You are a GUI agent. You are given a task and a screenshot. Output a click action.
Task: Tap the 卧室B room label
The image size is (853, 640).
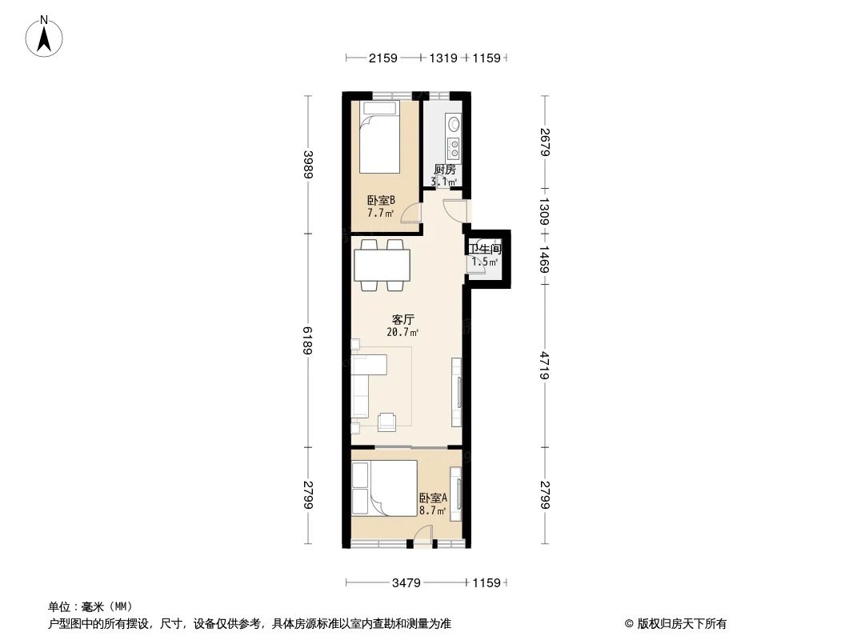381,201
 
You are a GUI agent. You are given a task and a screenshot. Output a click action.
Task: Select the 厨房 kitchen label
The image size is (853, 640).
444,170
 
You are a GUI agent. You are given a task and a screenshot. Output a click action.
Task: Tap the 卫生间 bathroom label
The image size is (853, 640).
484,250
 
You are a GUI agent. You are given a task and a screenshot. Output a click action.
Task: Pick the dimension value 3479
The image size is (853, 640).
406,583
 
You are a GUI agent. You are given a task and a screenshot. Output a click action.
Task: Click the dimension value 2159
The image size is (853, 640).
383,58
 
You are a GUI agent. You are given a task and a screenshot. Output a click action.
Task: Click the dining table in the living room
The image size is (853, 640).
382,264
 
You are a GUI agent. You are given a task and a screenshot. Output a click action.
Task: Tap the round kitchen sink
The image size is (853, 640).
454,124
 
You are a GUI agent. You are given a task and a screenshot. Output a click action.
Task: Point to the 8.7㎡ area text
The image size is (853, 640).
432,510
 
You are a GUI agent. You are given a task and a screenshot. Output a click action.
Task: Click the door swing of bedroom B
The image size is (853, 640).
411,212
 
